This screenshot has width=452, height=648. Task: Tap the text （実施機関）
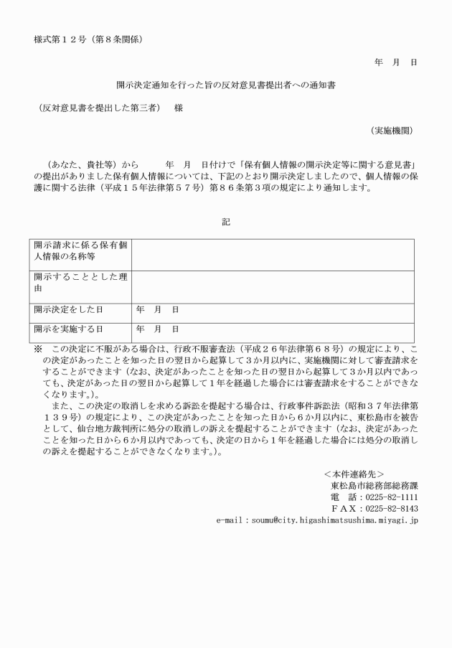[x=391, y=131]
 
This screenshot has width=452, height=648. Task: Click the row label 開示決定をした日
[x=69, y=309]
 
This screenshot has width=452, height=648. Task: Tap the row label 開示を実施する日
[x=69, y=329]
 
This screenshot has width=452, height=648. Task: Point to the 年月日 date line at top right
[x=395, y=62]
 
